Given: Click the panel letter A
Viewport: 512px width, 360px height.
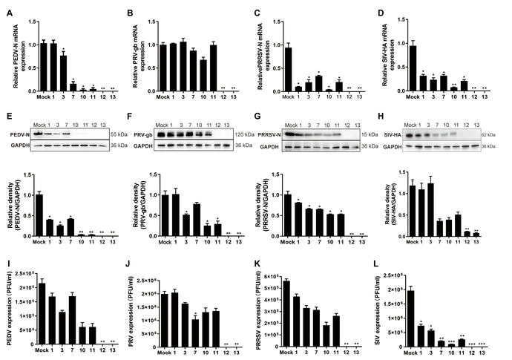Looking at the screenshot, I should click(x=7, y=13).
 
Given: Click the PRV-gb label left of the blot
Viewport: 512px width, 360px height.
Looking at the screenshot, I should click(x=144, y=134).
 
